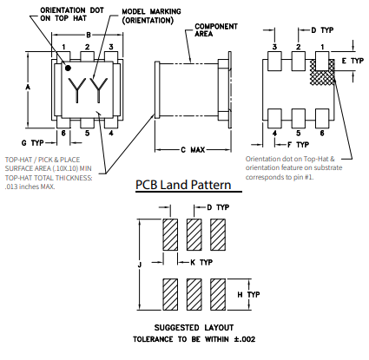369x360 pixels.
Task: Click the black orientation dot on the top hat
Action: click(68, 69)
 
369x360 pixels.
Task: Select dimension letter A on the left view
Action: click(28, 87)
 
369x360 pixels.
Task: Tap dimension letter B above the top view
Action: click(89, 35)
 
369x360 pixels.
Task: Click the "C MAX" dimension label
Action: click(193, 150)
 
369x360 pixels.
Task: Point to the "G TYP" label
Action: click(33, 143)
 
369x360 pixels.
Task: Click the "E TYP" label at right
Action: click(353, 61)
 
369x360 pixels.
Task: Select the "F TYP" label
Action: click(298, 145)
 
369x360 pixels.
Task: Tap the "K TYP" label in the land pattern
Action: click(201, 262)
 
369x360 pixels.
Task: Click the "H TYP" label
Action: click(248, 295)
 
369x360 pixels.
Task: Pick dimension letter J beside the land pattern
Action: click(140, 265)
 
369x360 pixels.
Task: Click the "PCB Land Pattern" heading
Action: click(183, 185)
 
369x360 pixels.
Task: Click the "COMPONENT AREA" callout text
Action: click(216, 30)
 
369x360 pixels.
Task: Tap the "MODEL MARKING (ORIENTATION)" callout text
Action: click(151, 16)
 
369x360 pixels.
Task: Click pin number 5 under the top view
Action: click(87, 133)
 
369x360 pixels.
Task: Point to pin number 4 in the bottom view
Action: click(274, 134)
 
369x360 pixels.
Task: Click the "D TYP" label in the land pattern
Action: click(218, 207)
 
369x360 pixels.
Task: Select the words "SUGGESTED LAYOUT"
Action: click(194, 328)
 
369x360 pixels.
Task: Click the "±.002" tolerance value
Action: click(245, 339)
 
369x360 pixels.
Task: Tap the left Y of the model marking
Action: click(76, 89)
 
